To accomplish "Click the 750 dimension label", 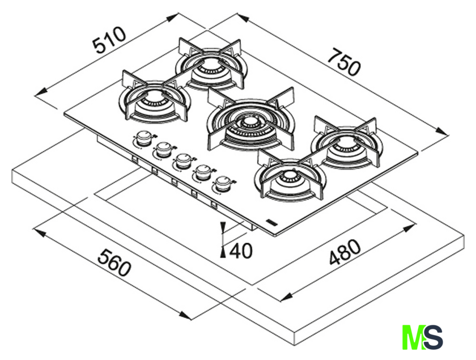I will pos(345,62).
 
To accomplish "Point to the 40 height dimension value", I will pos(241,250).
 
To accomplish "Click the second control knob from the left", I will pos(163,149).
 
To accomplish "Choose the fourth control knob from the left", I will pos(202,172).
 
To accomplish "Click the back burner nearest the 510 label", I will pos(212,68).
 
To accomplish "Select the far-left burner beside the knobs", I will pos(153,101).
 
